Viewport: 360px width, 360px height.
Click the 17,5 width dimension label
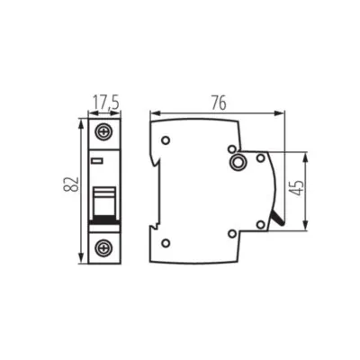pyautogui.click(x=104, y=102)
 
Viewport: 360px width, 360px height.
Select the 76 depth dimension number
pyautogui.click(x=217, y=102)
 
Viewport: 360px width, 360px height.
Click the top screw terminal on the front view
pyautogui.click(x=104, y=131)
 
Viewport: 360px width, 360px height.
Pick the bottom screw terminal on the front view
pyautogui.click(x=104, y=246)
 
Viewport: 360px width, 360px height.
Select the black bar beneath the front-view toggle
pyautogui.click(x=104, y=220)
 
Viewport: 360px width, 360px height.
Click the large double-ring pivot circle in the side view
pyautogui.click(x=238, y=162)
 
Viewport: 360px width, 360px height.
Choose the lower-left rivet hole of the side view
pyautogui.click(x=166, y=241)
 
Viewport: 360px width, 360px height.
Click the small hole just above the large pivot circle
pyautogui.click(x=232, y=148)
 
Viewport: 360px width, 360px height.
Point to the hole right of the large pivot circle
pyautogui.click(x=260, y=158)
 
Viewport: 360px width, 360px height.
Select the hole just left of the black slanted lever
pyautogui.click(x=260, y=223)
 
